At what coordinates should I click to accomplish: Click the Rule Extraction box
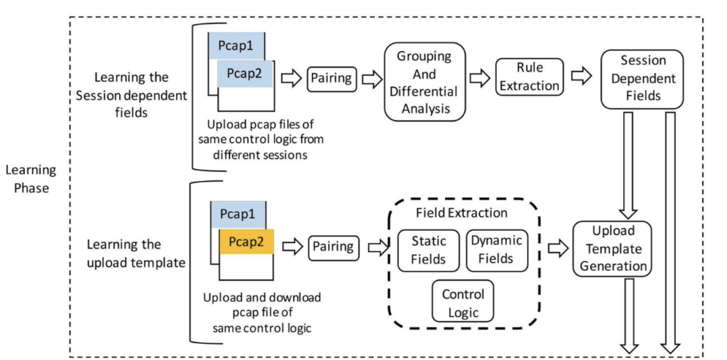click(529, 77)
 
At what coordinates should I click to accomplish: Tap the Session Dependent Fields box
click(642, 79)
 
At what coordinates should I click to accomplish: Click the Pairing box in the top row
click(332, 78)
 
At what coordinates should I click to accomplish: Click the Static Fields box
click(428, 250)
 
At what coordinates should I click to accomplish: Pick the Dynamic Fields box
click(496, 250)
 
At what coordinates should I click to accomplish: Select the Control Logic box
click(463, 302)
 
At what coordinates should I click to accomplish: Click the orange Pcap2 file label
click(246, 242)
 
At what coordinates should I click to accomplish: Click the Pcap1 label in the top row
click(237, 47)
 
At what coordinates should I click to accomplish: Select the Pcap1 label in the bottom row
click(238, 214)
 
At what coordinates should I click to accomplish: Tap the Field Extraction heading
click(462, 212)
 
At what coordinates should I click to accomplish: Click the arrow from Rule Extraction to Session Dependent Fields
click(582, 77)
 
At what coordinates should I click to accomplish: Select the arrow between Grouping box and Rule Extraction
click(481, 77)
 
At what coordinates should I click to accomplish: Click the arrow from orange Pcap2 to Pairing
click(292, 246)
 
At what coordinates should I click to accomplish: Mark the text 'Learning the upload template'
click(136, 253)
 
